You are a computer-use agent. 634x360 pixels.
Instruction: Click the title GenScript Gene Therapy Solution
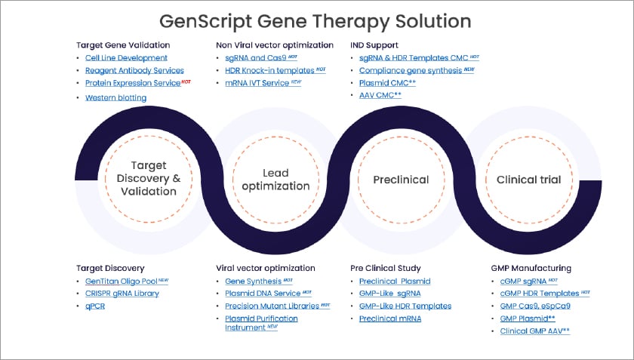317,20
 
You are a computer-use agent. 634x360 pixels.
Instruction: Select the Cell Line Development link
126,58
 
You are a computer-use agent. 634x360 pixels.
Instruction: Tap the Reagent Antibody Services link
134,70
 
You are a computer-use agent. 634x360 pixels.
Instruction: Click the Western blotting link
115,97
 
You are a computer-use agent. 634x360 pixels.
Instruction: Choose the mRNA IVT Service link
257,83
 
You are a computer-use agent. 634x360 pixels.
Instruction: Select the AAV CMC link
379,95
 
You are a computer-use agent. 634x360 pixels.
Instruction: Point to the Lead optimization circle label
275,180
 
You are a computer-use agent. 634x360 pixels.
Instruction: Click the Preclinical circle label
401,180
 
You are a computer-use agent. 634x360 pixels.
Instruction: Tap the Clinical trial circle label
528,180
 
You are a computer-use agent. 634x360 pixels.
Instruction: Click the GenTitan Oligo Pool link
121,281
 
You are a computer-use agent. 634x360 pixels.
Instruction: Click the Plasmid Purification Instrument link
261,323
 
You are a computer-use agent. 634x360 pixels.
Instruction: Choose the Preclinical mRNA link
390,318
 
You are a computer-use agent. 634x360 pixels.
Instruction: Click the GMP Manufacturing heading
530,268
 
